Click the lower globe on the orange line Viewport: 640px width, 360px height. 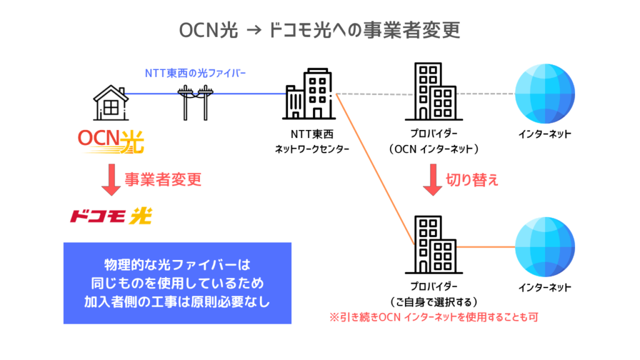click(544, 247)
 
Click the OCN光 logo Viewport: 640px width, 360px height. click(111, 141)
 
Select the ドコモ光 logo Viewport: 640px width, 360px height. click(111, 216)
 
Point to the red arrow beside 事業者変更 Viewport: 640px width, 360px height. click(111, 179)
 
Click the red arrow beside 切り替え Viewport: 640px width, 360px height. click(432, 179)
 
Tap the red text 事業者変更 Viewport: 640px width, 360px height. click(162, 180)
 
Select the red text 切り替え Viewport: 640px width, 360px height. click(472, 180)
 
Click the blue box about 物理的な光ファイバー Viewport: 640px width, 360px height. click(177, 282)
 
